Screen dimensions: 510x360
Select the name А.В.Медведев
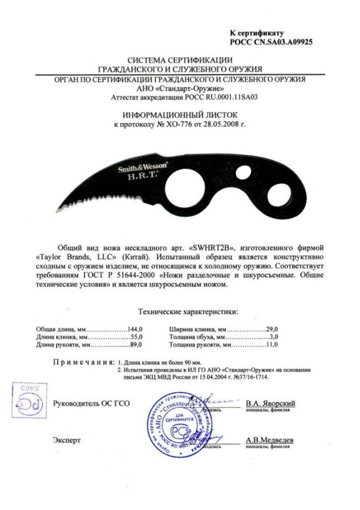[270, 441]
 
